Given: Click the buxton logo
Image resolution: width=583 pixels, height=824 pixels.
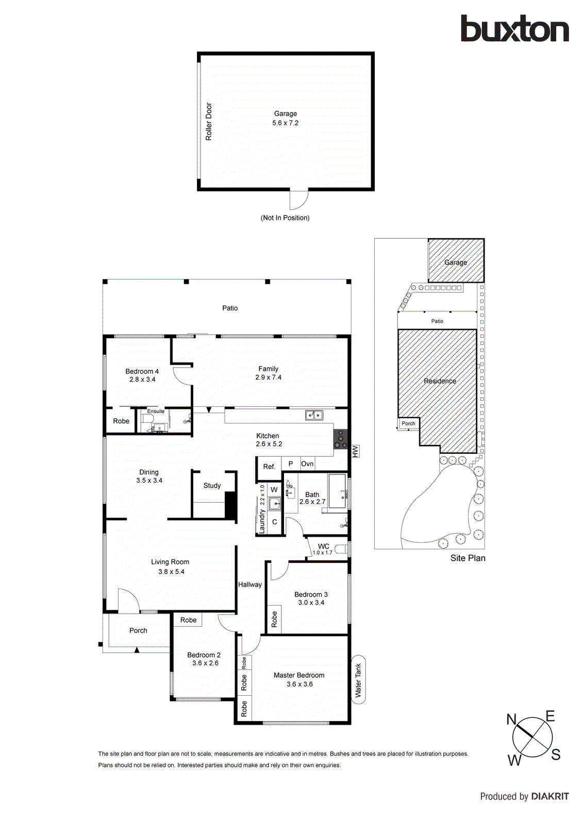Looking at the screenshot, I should (x=514, y=29).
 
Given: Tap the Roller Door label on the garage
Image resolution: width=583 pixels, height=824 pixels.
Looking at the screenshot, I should (x=209, y=122).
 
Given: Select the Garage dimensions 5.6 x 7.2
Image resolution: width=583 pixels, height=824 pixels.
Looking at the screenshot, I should (x=285, y=123).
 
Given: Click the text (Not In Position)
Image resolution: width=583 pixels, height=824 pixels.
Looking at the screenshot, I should (x=285, y=218).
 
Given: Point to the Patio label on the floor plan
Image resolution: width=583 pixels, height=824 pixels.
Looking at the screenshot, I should (x=230, y=308).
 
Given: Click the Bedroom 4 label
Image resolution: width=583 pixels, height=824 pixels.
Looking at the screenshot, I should (x=142, y=371).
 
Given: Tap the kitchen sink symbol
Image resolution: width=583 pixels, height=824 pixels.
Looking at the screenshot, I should (x=314, y=415).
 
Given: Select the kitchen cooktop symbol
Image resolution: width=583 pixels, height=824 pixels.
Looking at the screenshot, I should (x=340, y=439).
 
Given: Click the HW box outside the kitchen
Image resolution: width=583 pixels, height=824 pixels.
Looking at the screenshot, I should (x=355, y=452).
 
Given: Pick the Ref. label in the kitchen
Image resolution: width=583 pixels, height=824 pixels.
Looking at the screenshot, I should (x=269, y=467).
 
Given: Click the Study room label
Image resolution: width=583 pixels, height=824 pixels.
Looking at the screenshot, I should (x=212, y=486).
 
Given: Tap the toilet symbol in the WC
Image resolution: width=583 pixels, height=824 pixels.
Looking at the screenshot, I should (x=341, y=549).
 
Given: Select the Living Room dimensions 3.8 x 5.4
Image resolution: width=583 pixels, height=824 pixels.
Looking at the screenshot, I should (x=171, y=572).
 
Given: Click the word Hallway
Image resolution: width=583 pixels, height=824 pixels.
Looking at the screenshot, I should (x=250, y=585).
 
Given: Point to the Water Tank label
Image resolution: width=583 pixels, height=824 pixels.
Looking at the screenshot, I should (x=358, y=680).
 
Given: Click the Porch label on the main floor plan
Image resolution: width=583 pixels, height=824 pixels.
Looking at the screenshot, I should (x=138, y=630).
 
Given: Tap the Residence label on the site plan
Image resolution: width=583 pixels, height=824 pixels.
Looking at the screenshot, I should (x=440, y=381).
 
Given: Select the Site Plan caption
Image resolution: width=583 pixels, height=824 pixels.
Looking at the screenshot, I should (x=468, y=558).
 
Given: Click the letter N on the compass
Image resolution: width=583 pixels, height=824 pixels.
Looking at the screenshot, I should (x=511, y=719).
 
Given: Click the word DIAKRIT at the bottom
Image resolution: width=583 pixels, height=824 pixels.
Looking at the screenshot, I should (x=550, y=796).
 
